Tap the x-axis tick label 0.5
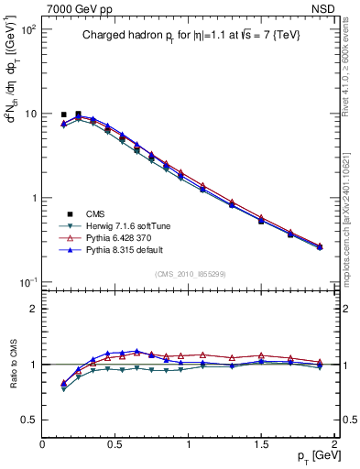[115, 443]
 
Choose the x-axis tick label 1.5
[262, 443]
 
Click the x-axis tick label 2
[335, 443]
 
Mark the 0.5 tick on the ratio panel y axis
[30, 420]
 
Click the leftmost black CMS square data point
[63, 115]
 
